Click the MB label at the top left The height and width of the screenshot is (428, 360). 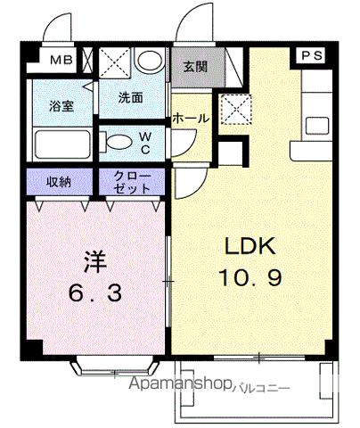coord(61,61)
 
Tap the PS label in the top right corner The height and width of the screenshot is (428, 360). coord(312,56)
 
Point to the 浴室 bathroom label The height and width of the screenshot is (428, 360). coord(50,103)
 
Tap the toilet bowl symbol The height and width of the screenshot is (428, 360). coord(115,141)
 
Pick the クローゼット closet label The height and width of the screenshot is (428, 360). coord(132,182)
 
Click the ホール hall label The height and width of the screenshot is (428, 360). coord(191,117)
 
